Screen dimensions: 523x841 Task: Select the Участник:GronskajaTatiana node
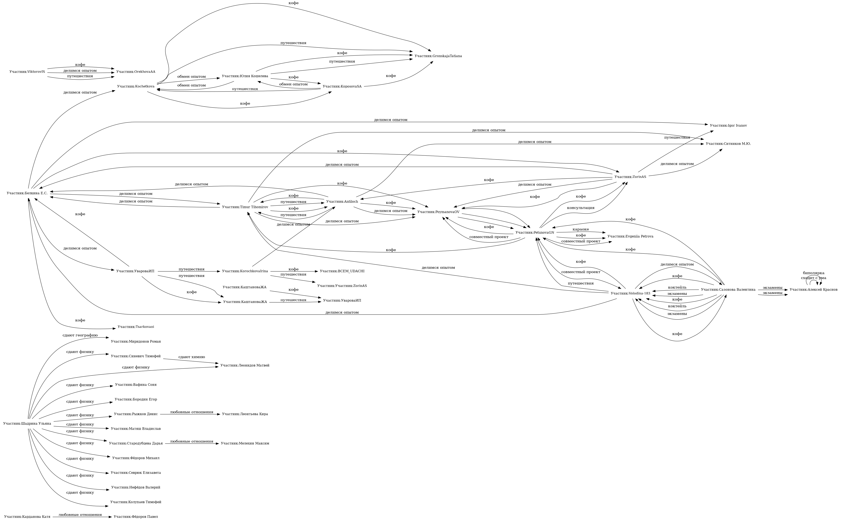click(x=438, y=56)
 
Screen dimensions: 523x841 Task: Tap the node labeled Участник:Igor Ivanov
click(x=728, y=126)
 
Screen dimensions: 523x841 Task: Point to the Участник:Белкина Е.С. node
click(x=27, y=193)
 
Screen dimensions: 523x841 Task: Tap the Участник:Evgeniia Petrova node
click(x=630, y=236)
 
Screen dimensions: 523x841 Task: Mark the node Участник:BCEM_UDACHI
click(x=342, y=271)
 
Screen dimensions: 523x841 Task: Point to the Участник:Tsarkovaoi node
click(x=136, y=327)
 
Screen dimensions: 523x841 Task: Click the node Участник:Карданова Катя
click(x=27, y=517)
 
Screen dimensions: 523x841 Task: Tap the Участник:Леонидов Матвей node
click(x=244, y=365)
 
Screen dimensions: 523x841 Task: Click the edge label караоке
click(x=581, y=229)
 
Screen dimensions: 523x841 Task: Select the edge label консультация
click(x=581, y=208)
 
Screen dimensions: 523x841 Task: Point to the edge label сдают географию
click(x=80, y=335)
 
